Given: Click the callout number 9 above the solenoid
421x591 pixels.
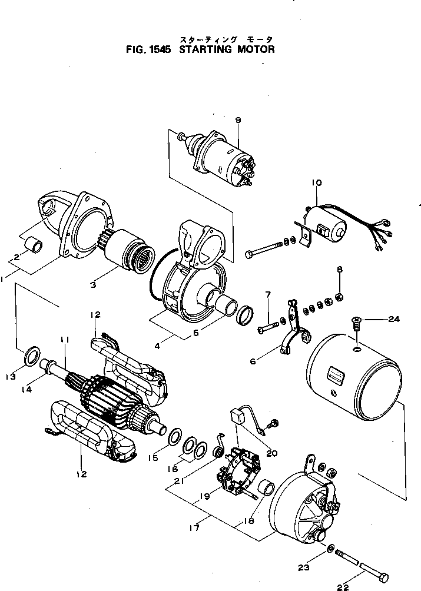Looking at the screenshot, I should pos(238,120).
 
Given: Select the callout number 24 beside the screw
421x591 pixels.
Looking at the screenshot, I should pos(393,320).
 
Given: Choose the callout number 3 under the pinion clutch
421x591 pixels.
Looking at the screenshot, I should pos(94,286).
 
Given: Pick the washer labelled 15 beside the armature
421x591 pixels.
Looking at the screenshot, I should pos(175,438).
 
